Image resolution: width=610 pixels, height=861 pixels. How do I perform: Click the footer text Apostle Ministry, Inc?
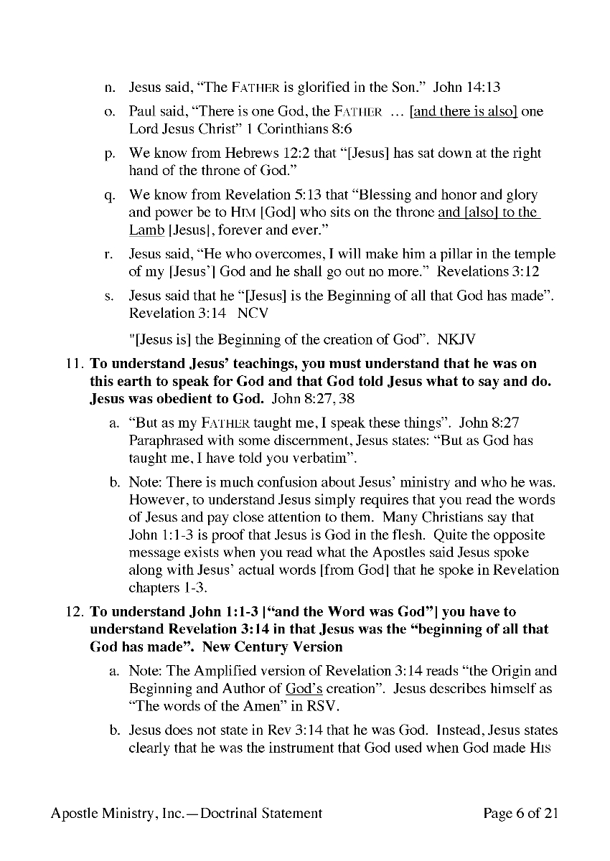tap(122, 813)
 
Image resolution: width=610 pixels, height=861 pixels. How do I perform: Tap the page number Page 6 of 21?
tap(521, 813)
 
